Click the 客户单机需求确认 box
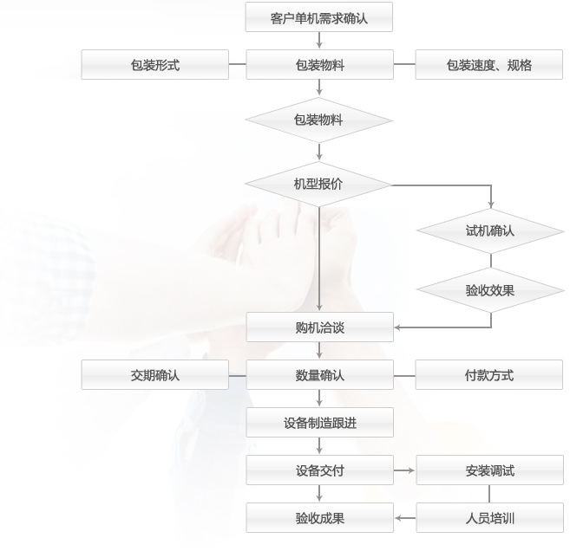pos(318,17)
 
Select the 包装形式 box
pos(155,65)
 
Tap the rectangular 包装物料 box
pos(318,65)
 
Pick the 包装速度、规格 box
pos(489,65)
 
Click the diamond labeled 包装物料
pos(318,120)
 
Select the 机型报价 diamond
pos(318,184)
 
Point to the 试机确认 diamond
pos(490,231)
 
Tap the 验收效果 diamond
pos(490,290)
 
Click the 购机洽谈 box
pos(318,327)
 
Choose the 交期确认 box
pos(155,375)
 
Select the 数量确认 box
pos(318,375)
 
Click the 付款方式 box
pos(489,375)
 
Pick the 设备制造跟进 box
pos(318,423)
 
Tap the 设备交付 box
pos(318,470)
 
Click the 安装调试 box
pos(489,470)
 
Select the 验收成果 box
pos(318,518)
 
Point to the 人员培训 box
pos(489,518)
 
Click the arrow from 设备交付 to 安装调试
pos(405,470)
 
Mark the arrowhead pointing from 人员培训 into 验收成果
pos(399,518)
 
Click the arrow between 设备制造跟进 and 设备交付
pos(319,446)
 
